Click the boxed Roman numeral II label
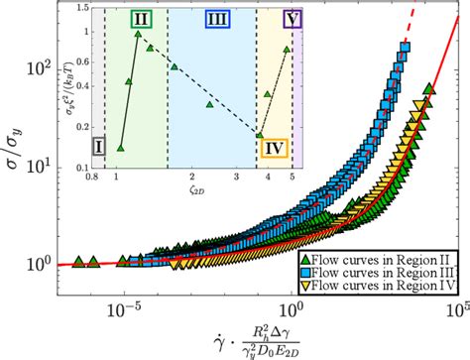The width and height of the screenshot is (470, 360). pos(142,20)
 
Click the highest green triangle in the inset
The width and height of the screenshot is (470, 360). pos(138,34)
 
